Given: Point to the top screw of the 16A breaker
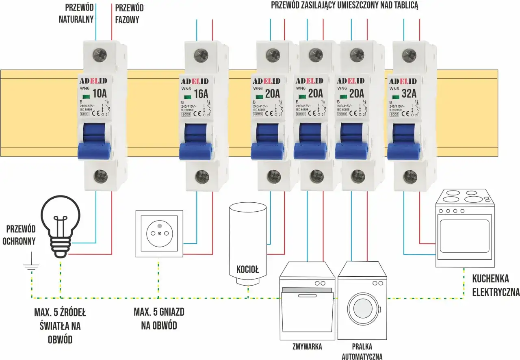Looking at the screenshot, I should click(x=201, y=54).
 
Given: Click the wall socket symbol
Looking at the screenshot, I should click(x=159, y=233).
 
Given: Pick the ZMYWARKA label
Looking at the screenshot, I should click(x=307, y=347).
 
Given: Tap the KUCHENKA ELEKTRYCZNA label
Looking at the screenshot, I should click(x=495, y=285).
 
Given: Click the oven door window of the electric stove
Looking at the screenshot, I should click(x=465, y=239).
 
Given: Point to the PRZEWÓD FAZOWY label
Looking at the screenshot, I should click(x=129, y=13).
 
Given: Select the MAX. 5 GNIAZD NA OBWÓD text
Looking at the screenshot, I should click(x=159, y=319).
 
